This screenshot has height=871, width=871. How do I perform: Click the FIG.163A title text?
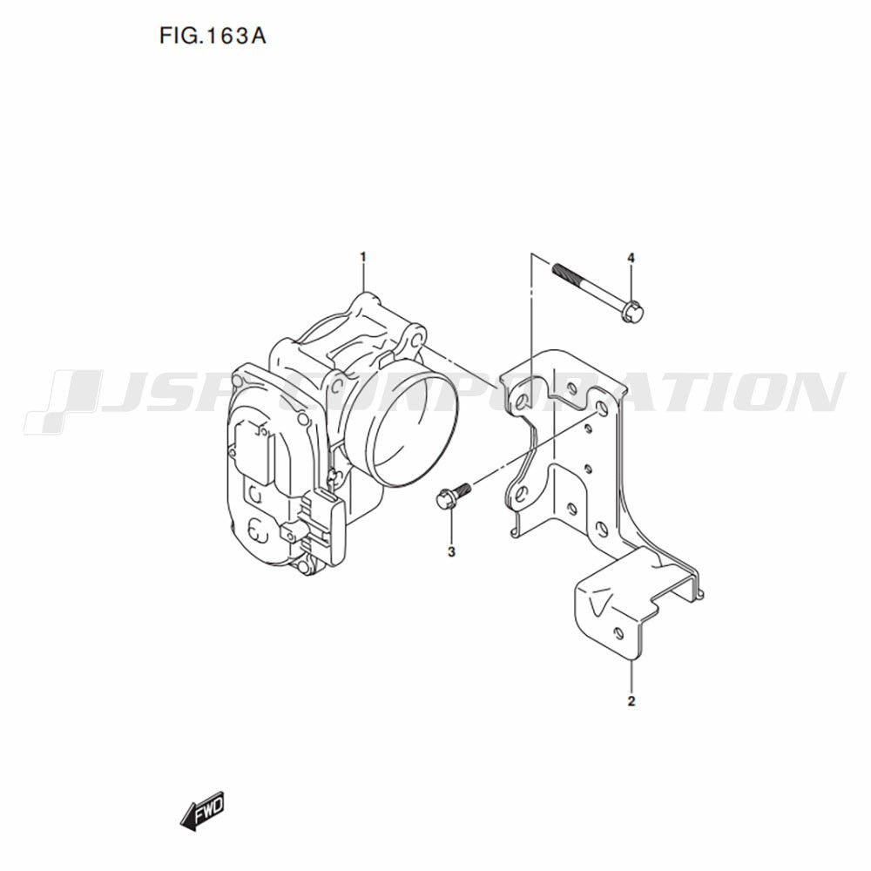(x=213, y=36)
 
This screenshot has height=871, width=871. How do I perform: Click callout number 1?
(x=363, y=257)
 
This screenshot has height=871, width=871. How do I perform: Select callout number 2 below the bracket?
(x=631, y=701)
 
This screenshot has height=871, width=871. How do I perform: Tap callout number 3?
(x=451, y=551)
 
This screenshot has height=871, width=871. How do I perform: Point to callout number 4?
(x=631, y=258)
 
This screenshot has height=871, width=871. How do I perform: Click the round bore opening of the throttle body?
(x=415, y=429)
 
